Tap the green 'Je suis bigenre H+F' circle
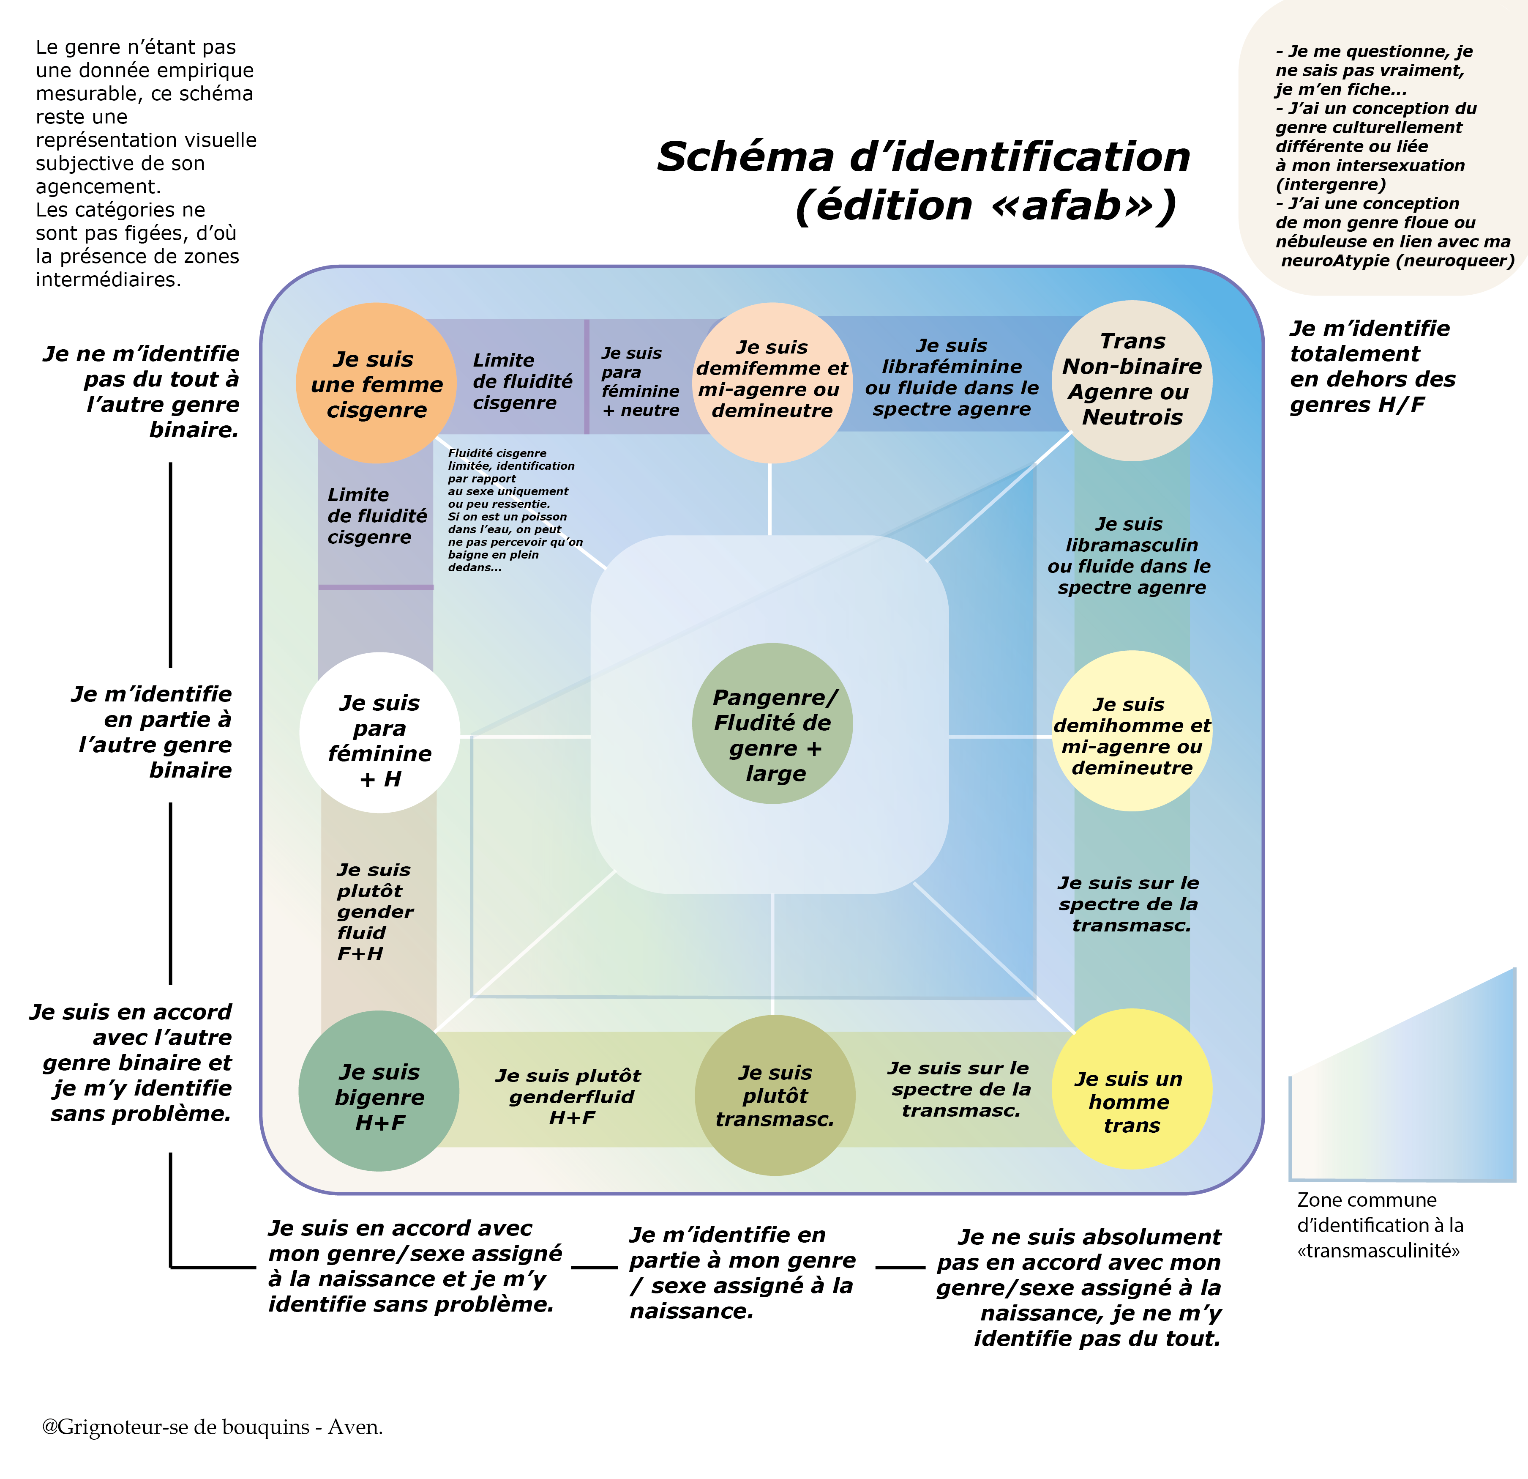click(379, 1090)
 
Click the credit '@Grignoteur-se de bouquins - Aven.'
click(212, 1427)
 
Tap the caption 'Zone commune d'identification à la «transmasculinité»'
click(1379, 1225)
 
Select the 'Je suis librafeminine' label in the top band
click(951, 378)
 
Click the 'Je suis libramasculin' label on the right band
click(1130, 556)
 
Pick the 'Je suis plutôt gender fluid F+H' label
click(374, 911)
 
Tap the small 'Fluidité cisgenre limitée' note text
click(515, 510)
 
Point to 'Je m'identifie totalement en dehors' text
click(1372, 367)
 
